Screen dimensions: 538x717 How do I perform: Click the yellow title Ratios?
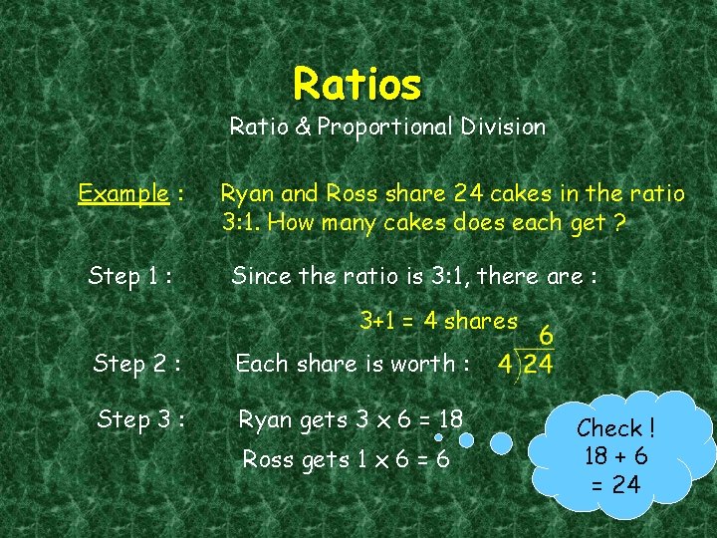coord(358,85)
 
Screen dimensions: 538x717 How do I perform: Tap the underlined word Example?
coord(122,192)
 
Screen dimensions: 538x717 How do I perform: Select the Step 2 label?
coord(136,364)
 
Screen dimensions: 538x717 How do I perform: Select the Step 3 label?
coord(138,419)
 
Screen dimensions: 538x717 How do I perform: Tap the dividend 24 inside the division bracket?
coord(538,364)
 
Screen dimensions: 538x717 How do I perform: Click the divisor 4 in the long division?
coord(505,364)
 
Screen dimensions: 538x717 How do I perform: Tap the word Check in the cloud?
coord(609,428)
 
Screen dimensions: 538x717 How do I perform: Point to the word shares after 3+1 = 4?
coord(481,321)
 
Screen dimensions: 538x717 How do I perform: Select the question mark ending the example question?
coord(619,222)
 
